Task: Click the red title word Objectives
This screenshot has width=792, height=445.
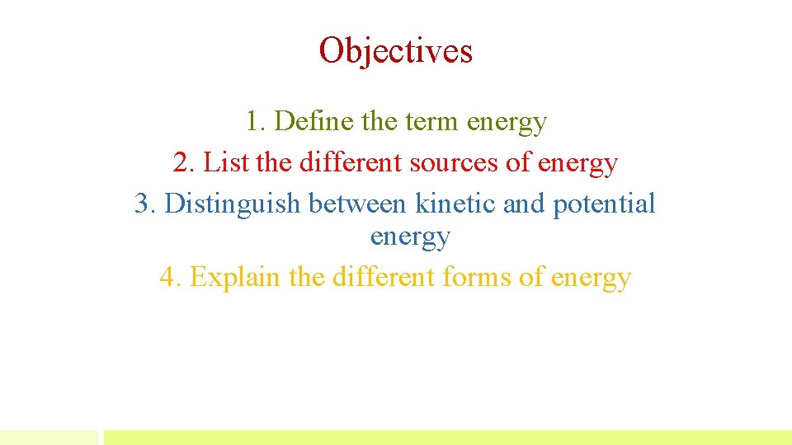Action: (396, 50)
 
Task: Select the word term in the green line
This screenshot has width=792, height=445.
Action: (433, 122)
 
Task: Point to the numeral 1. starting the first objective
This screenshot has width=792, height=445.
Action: (255, 122)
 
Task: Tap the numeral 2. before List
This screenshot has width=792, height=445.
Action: (184, 162)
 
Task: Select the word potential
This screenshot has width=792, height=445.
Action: (604, 203)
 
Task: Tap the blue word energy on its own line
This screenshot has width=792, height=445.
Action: (409, 237)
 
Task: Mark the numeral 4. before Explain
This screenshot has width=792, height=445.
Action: (170, 278)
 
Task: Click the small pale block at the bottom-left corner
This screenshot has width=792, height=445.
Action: (48, 437)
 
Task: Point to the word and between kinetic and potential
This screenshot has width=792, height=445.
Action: (524, 203)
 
